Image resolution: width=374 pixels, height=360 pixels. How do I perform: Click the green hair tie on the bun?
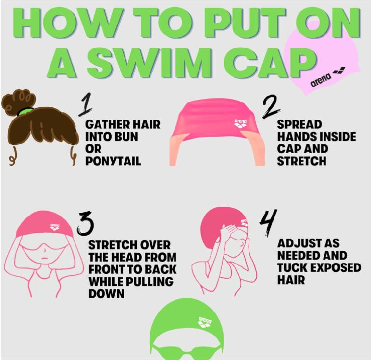click(x=25, y=111)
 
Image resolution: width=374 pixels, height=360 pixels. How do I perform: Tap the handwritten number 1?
click(x=85, y=104)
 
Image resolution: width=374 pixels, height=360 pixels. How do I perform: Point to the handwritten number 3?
click(x=85, y=223)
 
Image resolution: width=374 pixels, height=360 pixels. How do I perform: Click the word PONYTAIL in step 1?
click(x=113, y=161)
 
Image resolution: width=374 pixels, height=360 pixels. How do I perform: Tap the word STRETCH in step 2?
click(x=301, y=161)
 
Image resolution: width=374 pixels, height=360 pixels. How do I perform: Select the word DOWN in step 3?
click(x=106, y=293)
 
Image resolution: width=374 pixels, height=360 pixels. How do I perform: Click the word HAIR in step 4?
click(x=291, y=279)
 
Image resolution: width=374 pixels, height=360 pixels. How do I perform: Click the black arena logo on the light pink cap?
click(x=327, y=77)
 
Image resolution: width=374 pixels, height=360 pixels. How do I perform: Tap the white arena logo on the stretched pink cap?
click(x=240, y=123)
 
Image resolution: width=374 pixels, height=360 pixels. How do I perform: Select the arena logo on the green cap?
click(x=205, y=322)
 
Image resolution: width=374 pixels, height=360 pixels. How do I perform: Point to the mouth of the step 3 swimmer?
click(x=44, y=259)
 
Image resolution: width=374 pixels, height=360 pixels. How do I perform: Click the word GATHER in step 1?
click(x=108, y=124)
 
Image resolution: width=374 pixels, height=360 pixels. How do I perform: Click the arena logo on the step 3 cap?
click(x=55, y=227)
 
